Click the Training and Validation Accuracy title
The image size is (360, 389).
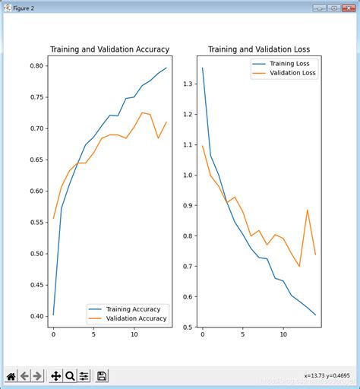(109, 49)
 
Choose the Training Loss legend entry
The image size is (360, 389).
(290, 64)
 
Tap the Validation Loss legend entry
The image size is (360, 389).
(292, 74)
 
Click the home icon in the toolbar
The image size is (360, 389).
(11, 375)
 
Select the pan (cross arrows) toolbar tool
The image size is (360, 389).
(55, 375)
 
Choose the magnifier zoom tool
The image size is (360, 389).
(69, 375)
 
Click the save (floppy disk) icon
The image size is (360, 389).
(102, 375)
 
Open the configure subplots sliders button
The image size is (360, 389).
(84, 375)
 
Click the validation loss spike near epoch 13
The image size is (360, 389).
(308, 210)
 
